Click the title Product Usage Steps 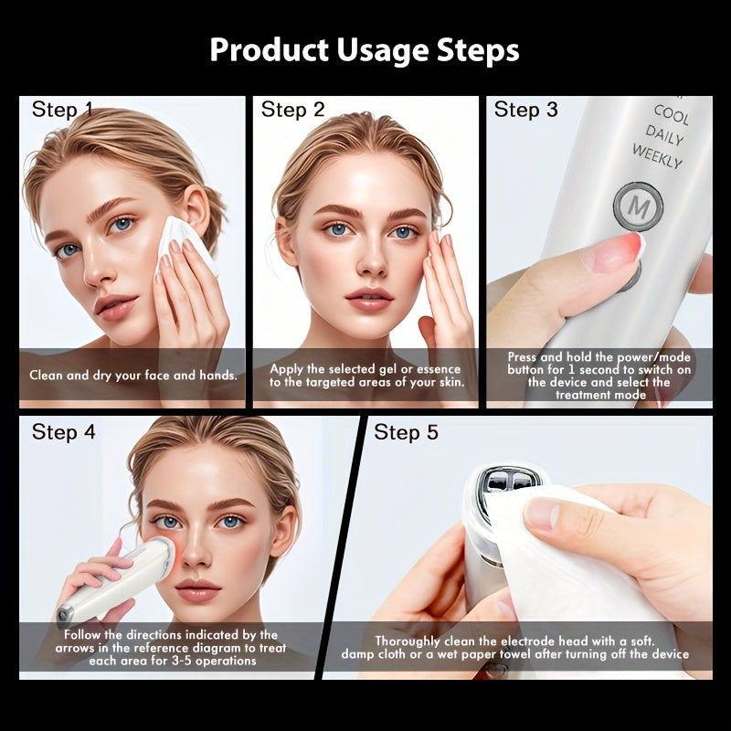[x=365, y=49]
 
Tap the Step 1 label [x=62, y=110]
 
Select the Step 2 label [x=292, y=110]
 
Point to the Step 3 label [x=525, y=110]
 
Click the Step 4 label [x=63, y=431]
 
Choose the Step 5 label [x=406, y=431]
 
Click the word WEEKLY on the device [x=657, y=155]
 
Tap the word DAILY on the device [x=666, y=135]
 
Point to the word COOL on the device [x=672, y=116]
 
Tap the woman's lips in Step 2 [x=369, y=299]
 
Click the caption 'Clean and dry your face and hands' [x=133, y=375]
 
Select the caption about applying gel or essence [x=366, y=375]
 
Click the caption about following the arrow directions [x=172, y=648]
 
